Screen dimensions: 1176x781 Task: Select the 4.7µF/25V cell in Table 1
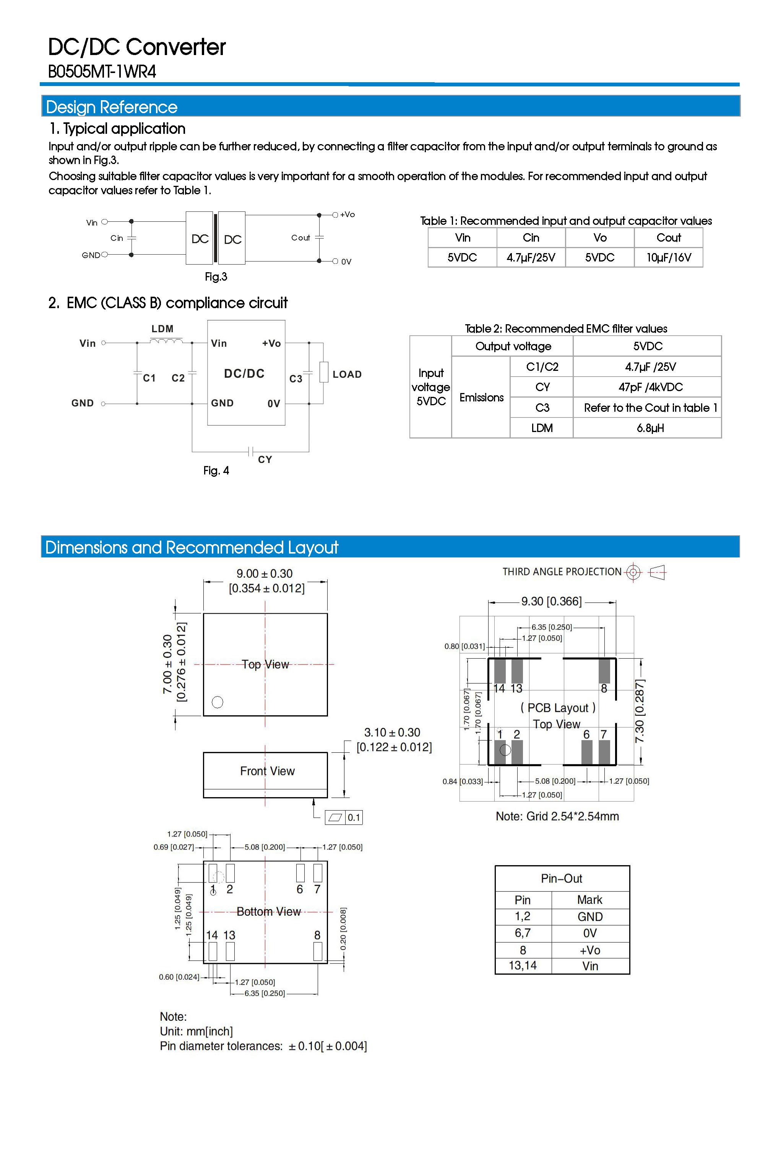[531, 258]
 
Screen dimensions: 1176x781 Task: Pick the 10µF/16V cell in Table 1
[669, 258]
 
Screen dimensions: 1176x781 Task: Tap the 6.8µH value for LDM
[650, 428]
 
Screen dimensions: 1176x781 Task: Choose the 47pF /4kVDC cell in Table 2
[650, 387]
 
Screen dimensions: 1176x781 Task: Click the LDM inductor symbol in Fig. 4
[166, 341]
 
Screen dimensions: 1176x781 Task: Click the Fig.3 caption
[216, 277]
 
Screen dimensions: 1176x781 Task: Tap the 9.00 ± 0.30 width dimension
[265, 574]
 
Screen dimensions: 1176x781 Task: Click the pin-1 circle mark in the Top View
[218, 702]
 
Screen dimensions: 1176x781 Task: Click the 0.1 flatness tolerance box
[354, 817]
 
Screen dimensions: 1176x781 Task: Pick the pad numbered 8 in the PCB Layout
[604, 671]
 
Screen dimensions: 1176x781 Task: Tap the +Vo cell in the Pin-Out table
[590, 950]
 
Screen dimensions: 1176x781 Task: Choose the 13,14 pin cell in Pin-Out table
[523, 966]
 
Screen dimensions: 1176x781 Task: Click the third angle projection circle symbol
[633, 572]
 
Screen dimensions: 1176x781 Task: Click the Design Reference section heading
[112, 107]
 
